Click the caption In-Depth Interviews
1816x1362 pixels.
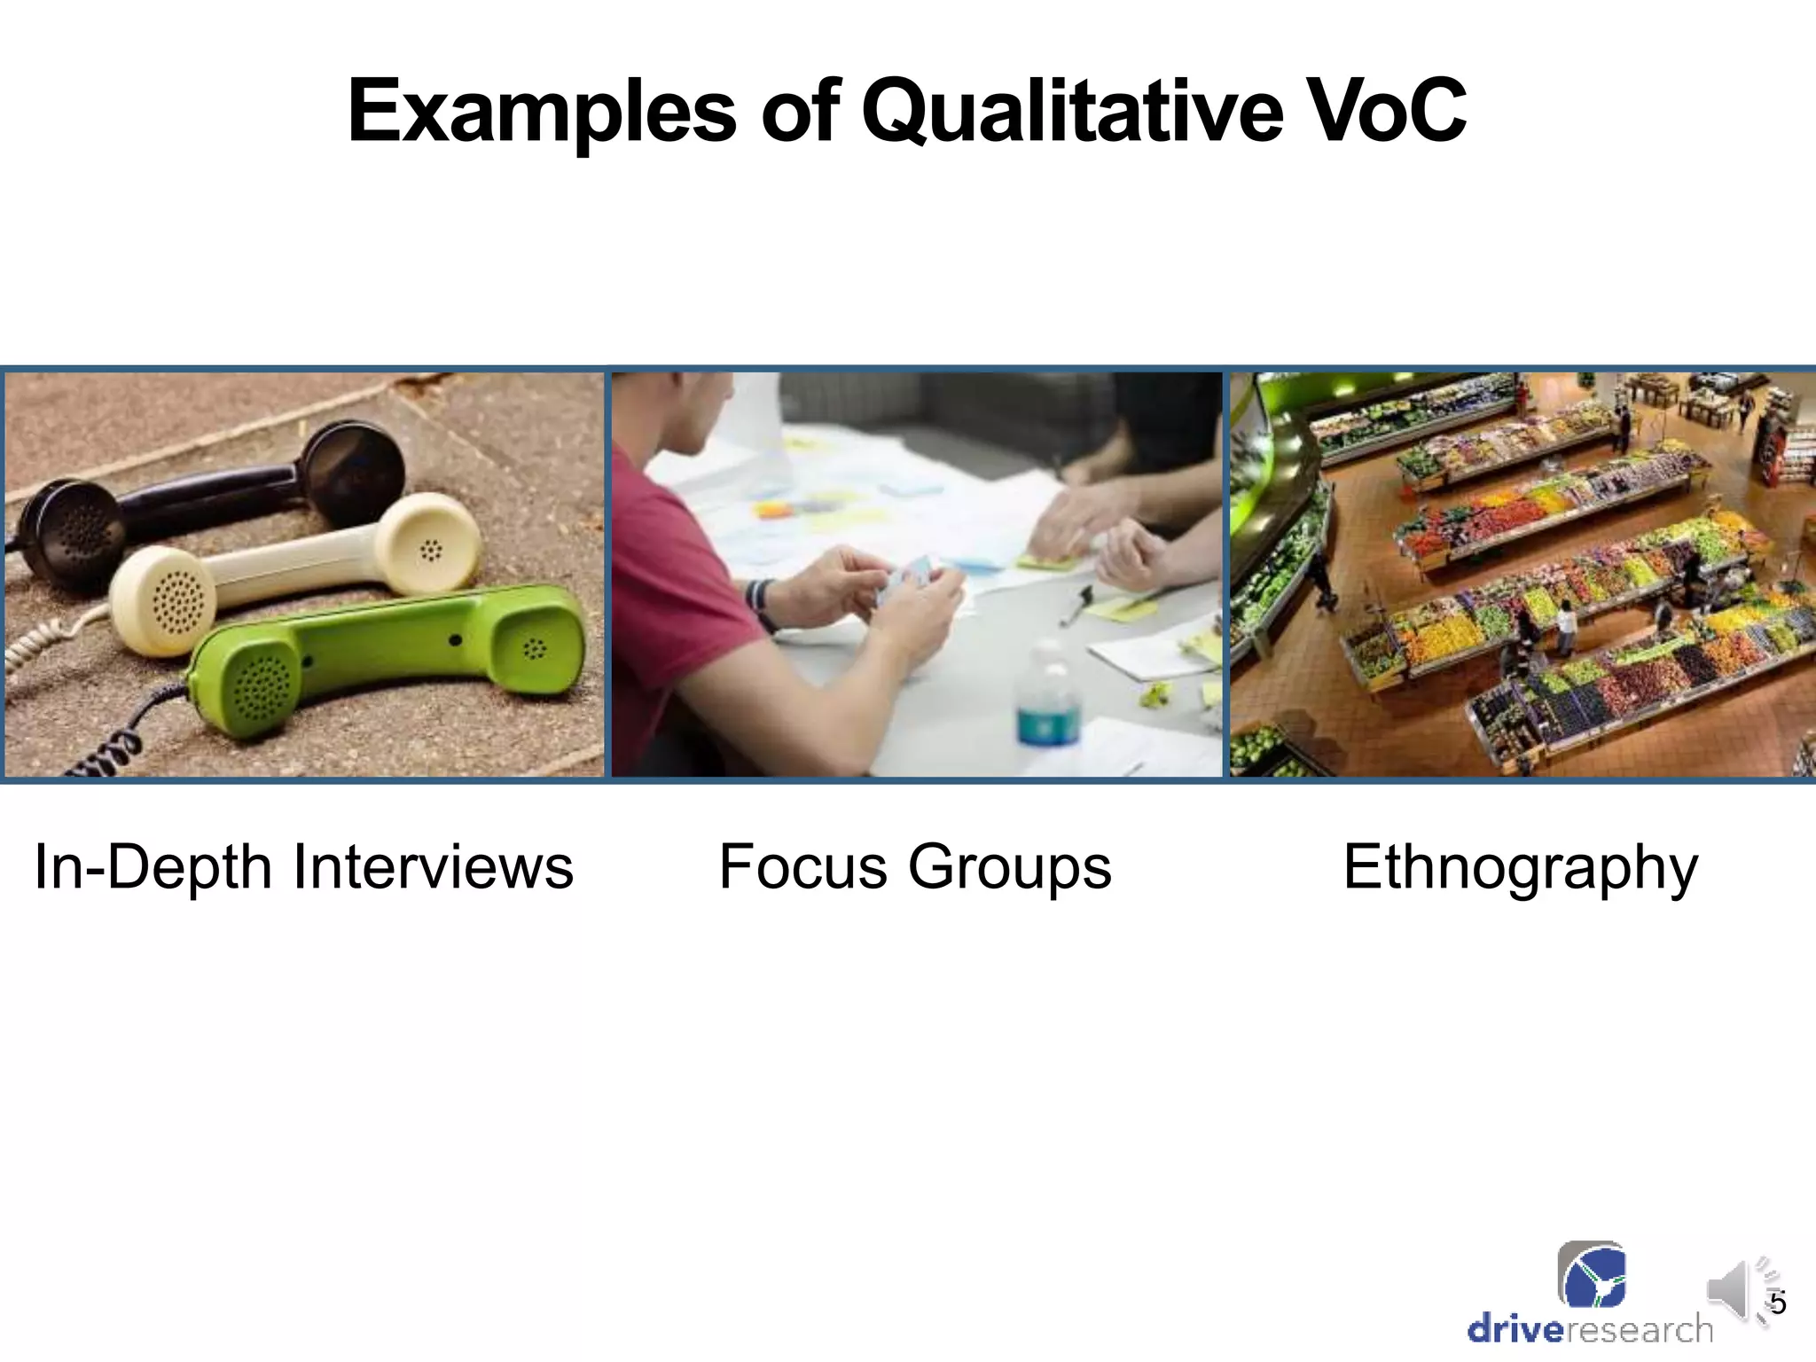pyautogui.click(x=304, y=866)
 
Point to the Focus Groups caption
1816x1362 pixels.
pyautogui.click(x=914, y=866)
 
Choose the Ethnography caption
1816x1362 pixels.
pyautogui.click(x=1520, y=866)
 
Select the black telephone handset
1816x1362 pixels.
pyautogui.click(x=213, y=501)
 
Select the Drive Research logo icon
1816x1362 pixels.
pyautogui.click(x=1592, y=1275)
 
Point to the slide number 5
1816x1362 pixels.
pyautogui.click(x=1777, y=1303)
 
